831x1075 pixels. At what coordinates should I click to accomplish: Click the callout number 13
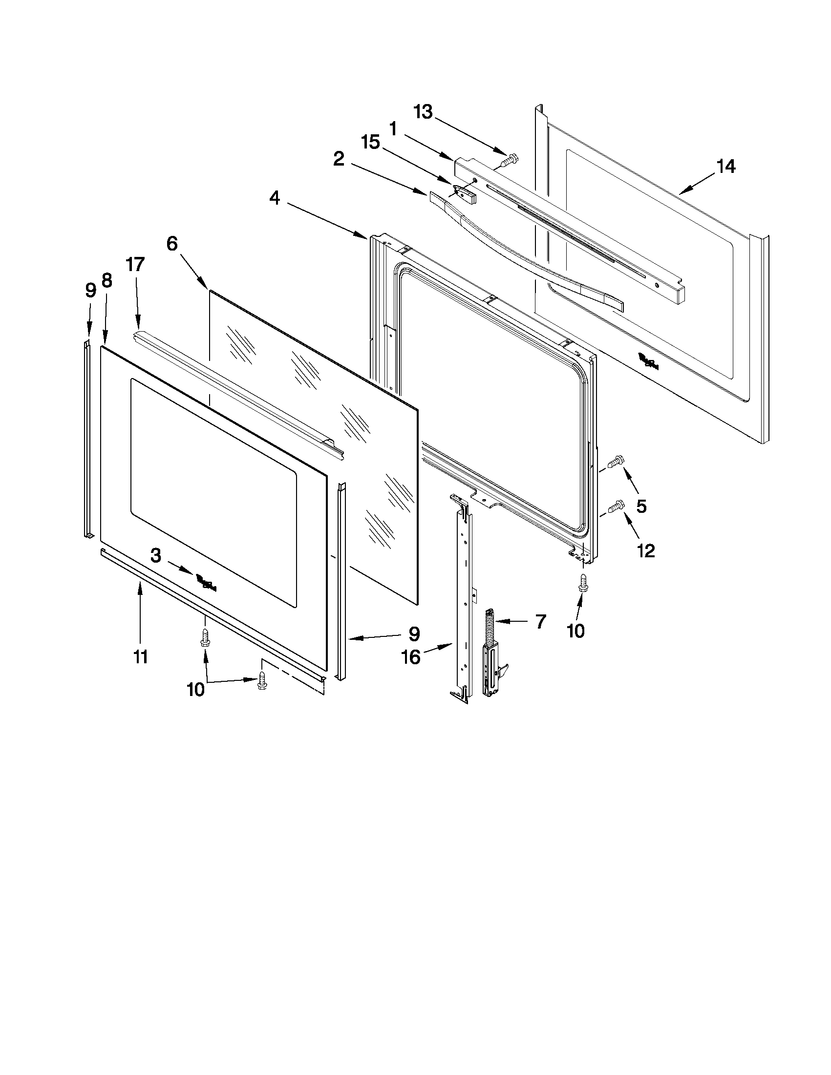point(423,112)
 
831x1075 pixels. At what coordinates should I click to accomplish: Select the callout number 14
point(725,167)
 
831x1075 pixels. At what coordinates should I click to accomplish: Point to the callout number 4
point(275,198)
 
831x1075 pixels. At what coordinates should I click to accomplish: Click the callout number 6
point(172,243)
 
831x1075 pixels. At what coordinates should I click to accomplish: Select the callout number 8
point(107,280)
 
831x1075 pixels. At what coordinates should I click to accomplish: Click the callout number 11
point(141,656)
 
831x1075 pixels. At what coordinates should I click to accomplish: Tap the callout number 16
point(411,656)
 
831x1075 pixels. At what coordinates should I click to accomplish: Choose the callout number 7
point(540,622)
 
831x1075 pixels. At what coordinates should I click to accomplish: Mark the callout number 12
point(646,551)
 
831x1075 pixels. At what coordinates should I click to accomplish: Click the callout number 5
point(641,506)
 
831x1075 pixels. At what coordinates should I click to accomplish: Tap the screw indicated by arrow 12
point(616,505)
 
